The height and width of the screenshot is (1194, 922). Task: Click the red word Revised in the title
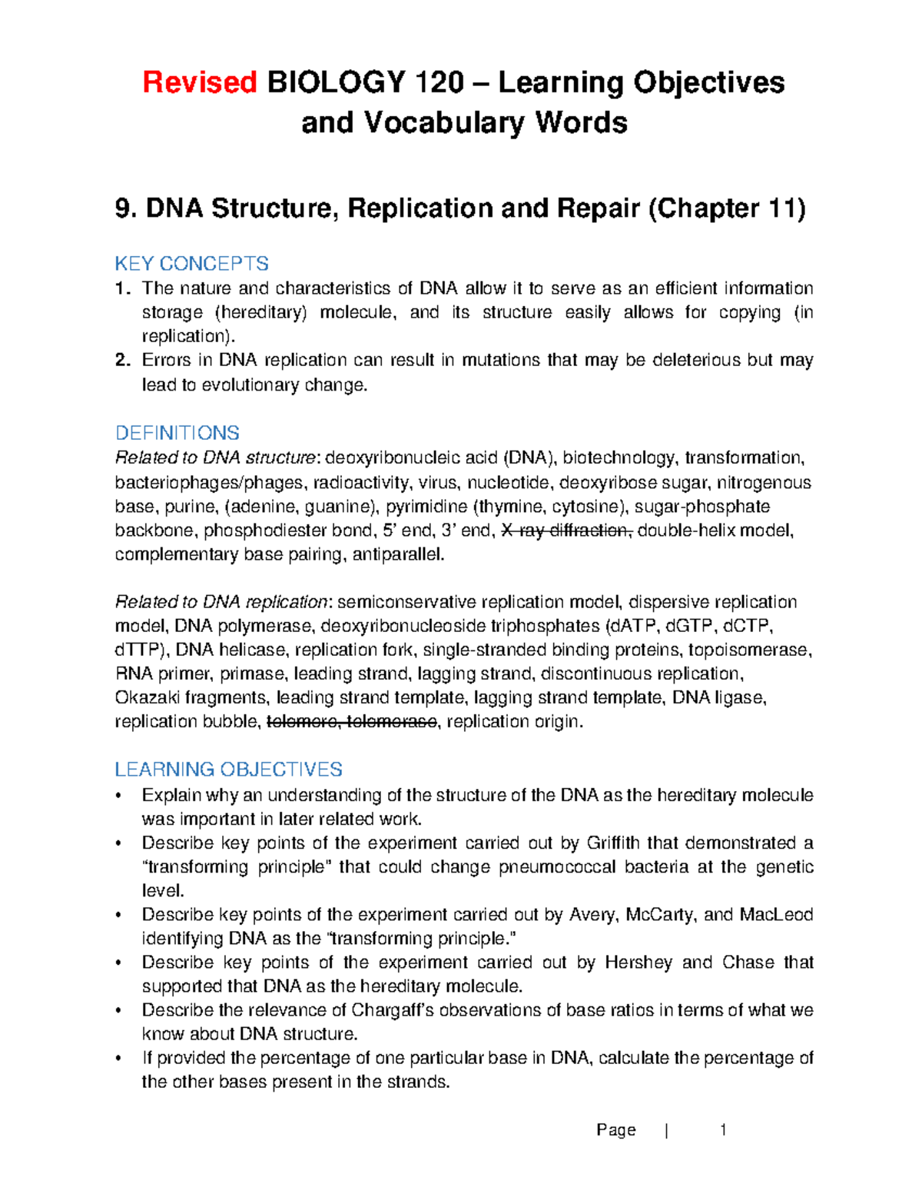coord(199,82)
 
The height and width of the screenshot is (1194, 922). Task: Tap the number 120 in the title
coord(439,82)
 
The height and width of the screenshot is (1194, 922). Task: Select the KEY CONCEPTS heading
coord(191,264)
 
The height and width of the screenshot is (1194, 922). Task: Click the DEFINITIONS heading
coord(177,433)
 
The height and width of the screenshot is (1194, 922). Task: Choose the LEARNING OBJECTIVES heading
coord(228,770)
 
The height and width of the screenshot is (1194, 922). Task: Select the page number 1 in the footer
coord(722,1130)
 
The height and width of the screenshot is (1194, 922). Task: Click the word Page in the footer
coord(615,1130)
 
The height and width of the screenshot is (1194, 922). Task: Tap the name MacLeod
coord(776,915)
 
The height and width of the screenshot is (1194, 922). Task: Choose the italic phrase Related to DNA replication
coord(221,602)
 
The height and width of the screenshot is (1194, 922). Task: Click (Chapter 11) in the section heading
coord(726,208)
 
